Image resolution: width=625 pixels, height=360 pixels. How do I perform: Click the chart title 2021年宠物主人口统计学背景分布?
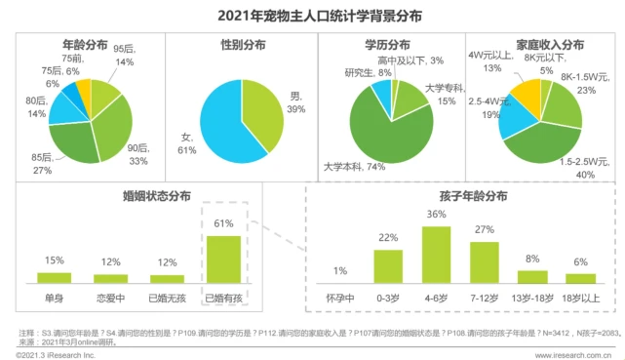click(x=312, y=14)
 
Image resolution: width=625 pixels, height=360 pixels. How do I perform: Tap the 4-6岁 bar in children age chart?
click(x=436, y=254)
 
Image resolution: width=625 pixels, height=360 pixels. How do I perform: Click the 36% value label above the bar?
click(x=436, y=215)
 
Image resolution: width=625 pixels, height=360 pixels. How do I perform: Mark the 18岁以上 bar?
click(x=580, y=276)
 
